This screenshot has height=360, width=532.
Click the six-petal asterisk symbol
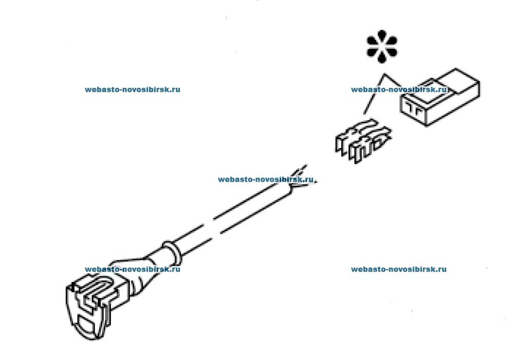click(382, 46)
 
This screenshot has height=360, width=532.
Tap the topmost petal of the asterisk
click(382, 35)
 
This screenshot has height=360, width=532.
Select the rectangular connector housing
click(440, 97)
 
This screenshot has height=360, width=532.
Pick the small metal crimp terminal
click(363, 140)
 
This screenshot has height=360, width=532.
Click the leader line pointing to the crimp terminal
click(374, 94)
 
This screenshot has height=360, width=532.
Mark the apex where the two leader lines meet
click(384, 74)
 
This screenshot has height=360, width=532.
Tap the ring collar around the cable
click(172, 253)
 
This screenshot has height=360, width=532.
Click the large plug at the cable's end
click(90, 305)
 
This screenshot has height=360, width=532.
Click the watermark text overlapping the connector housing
click(399, 89)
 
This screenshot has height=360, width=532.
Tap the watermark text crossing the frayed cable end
click(266, 179)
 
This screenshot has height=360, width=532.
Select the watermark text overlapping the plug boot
click(132, 269)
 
